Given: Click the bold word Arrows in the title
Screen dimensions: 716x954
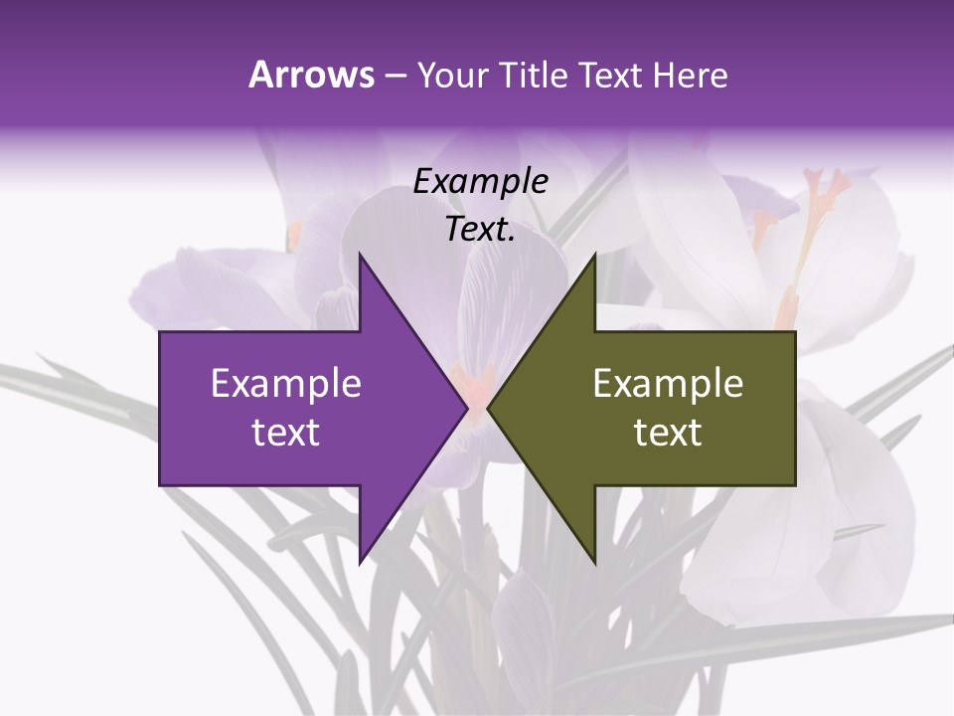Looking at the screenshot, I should tap(311, 75).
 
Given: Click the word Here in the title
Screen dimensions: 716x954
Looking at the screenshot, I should tap(690, 75).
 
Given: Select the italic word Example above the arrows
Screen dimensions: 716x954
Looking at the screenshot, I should tap(480, 182).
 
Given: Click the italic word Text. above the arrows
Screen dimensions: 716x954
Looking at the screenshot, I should tap(480, 229).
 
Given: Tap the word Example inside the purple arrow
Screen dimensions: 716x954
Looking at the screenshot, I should tap(286, 384).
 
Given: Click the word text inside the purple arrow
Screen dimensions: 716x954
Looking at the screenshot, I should tap(286, 433).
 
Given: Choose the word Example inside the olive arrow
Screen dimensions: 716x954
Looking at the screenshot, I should tap(668, 384).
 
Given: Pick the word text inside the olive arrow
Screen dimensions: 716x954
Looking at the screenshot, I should tap(668, 433).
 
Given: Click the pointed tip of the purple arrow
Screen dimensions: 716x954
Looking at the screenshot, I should tap(466, 408).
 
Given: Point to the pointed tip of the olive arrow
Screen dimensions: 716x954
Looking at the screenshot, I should tap(489, 408).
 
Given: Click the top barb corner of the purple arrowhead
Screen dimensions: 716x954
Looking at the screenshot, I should tap(360, 255).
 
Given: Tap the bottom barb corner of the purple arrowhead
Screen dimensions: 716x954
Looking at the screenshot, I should tap(360, 563).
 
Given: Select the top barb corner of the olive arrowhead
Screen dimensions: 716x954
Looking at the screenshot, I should tap(595, 255).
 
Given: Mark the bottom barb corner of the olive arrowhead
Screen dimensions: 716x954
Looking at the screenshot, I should tap(595, 563).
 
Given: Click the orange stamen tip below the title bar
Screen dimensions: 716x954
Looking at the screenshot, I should tap(831, 183).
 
